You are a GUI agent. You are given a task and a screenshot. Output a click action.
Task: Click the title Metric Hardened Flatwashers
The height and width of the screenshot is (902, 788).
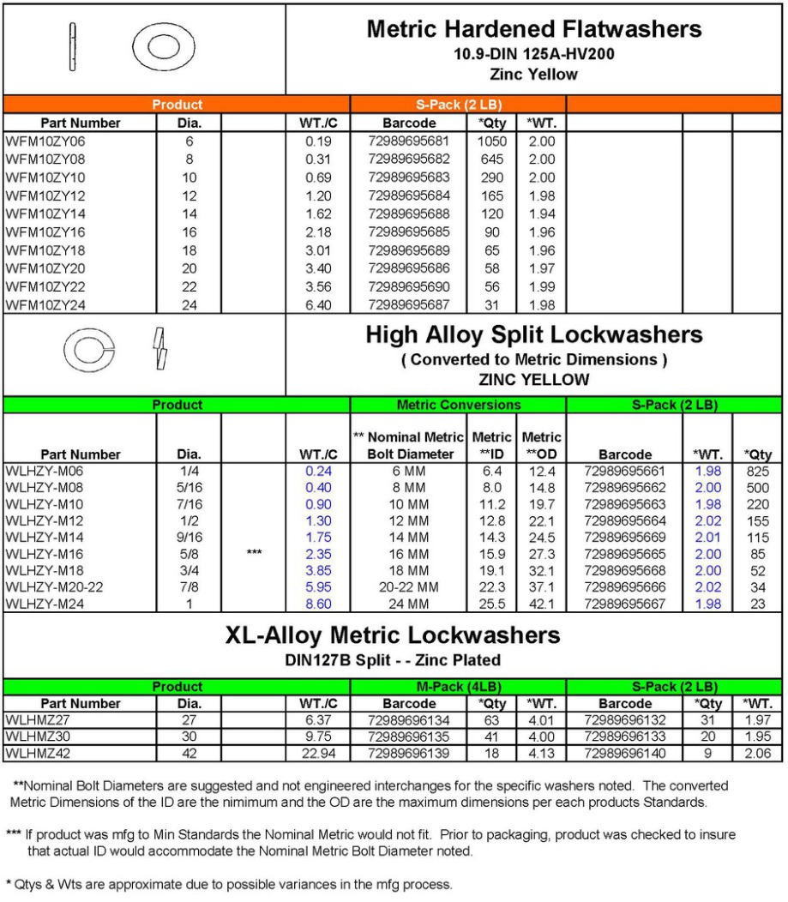533,29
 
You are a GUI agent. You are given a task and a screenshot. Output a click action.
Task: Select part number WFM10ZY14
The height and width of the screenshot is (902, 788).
45,214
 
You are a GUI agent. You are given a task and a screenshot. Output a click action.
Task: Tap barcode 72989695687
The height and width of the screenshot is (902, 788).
408,305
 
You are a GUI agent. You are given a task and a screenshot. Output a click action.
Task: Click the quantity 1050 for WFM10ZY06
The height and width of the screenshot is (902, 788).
491,141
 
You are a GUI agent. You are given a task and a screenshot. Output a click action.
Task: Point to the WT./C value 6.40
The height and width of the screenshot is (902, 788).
318,305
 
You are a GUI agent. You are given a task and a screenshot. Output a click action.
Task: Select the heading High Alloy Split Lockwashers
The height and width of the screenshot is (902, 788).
533,335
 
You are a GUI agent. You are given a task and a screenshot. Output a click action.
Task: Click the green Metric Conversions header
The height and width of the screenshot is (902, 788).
458,405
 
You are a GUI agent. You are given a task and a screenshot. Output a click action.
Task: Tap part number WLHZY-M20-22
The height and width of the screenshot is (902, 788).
58,586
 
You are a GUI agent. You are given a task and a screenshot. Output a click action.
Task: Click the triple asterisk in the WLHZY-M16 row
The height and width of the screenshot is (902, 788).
254,554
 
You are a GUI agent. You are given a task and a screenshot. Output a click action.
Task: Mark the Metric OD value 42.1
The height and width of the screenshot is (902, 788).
542,604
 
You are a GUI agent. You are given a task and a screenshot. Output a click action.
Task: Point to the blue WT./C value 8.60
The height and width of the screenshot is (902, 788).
318,604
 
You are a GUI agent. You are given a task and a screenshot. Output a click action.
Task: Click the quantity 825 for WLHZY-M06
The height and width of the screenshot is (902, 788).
758,472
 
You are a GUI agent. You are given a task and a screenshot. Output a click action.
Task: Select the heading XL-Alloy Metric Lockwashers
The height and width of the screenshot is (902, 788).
393,635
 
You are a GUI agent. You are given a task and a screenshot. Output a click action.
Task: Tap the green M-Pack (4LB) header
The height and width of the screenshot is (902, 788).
458,687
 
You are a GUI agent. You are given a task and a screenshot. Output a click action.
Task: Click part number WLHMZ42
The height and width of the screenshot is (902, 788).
39,754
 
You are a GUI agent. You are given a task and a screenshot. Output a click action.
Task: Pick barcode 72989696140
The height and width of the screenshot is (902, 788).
624,754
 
